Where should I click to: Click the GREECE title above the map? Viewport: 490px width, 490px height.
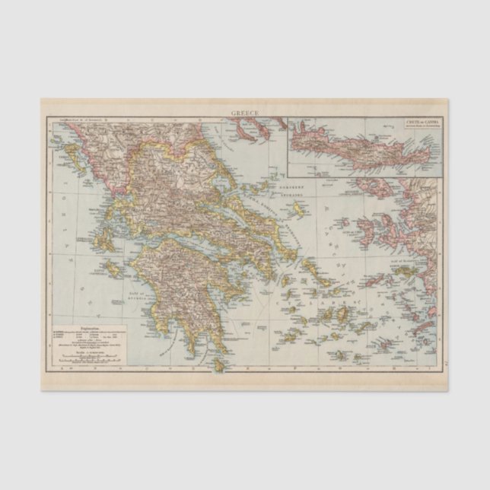pos(245,113)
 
